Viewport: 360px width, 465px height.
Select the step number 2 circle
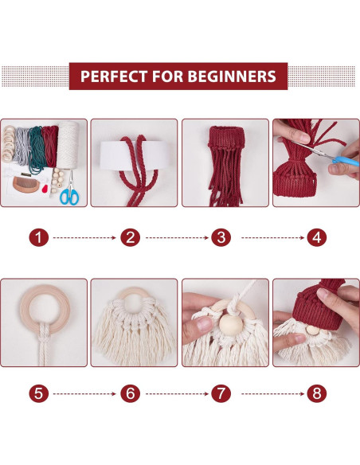[x=131, y=236]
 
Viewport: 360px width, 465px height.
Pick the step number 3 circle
[x=222, y=236]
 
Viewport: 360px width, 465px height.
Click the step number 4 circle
[x=316, y=236]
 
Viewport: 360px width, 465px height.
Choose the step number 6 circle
[x=131, y=393]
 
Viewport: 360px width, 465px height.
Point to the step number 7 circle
[x=222, y=393]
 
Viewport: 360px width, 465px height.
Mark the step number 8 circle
[x=316, y=393]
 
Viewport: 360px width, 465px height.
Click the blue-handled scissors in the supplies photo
[x=69, y=194]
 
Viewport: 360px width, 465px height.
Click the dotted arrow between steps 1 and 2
[x=86, y=236]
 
